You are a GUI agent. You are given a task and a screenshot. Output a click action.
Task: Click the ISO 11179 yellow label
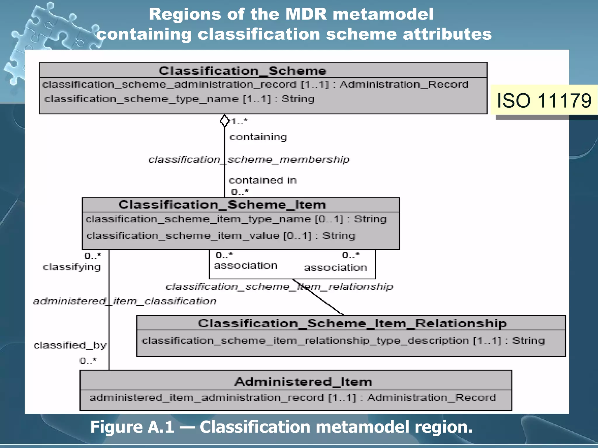point(544,101)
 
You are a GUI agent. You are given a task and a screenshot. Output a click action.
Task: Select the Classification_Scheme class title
point(243,71)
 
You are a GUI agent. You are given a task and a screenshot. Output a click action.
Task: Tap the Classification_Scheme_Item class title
point(222,204)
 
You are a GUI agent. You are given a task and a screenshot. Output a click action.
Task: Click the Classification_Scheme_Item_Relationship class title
point(352,323)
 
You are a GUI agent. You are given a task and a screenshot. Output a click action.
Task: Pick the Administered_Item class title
point(303,381)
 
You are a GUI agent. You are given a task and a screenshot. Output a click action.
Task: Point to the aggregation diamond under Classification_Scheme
point(225,121)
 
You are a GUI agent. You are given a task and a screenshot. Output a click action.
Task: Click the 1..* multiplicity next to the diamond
point(239,121)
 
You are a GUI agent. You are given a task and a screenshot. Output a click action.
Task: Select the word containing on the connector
point(258,137)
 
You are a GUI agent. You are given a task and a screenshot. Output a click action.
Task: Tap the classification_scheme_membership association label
point(249,160)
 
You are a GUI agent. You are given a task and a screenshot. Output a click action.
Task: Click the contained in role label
point(263,180)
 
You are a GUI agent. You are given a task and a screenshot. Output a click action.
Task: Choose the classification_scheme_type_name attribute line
point(179,99)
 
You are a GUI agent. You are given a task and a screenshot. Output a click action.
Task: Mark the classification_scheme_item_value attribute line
point(221,236)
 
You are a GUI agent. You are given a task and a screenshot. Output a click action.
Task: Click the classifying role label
point(72,267)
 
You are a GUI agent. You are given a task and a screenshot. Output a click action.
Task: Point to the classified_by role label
point(70,345)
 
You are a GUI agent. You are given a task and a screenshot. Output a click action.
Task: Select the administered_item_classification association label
point(125,301)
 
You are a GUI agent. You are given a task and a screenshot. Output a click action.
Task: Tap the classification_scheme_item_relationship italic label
point(279,287)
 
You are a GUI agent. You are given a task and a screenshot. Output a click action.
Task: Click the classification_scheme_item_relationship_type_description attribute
point(343,341)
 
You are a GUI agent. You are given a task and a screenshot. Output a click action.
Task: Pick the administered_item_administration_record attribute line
point(292,398)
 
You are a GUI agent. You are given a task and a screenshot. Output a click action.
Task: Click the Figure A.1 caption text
point(281,427)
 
